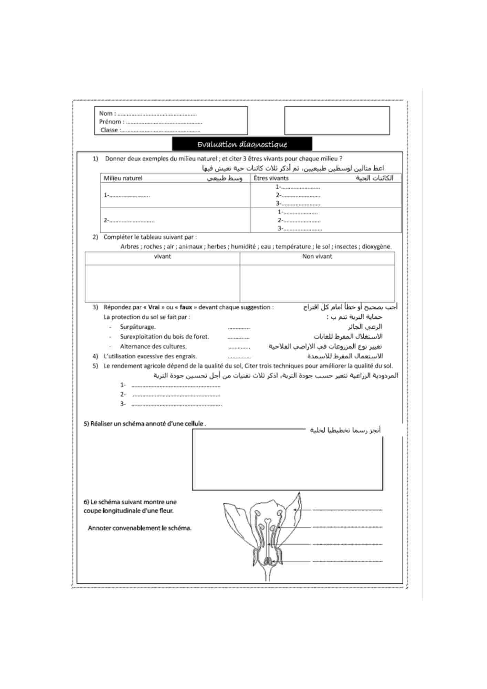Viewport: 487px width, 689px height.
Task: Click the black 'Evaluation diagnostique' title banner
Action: click(x=242, y=144)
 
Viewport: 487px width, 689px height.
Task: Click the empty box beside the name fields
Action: click(x=337, y=121)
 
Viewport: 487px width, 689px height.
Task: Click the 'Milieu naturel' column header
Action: click(x=123, y=178)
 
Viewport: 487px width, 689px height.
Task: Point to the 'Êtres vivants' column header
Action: click(x=271, y=178)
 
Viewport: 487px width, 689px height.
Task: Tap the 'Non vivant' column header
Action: click(x=317, y=256)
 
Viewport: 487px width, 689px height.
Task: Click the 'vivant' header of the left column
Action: click(x=162, y=256)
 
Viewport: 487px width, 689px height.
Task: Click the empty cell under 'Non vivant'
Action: click(x=317, y=283)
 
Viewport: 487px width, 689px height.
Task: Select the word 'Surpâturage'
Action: click(x=137, y=327)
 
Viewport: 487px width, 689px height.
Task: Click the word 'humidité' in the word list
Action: click(x=243, y=247)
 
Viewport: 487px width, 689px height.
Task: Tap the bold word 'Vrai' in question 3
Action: click(x=154, y=307)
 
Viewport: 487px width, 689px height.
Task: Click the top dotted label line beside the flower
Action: click(x=347, y=510)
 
